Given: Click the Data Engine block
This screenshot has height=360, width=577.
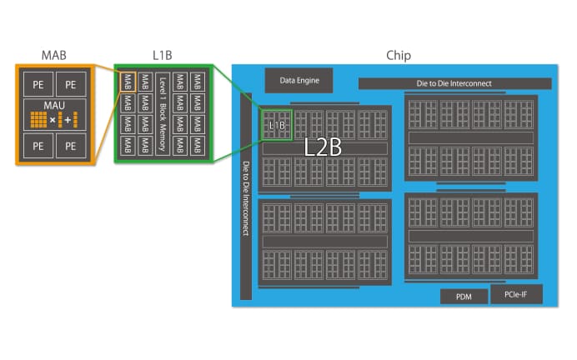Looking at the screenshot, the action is tap(299, 80).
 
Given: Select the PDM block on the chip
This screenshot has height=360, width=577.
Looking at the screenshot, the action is tap(464, 297).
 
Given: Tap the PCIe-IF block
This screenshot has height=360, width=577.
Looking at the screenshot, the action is tap(516, 294).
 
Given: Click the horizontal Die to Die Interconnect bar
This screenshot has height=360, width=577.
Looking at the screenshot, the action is tap(454, 83).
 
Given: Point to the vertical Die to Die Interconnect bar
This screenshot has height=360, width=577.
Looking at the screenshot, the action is tap(246, 197).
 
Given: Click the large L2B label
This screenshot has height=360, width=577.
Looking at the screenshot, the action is tap(323, 147).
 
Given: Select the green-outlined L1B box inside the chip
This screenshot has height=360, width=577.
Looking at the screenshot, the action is tap(277, 125).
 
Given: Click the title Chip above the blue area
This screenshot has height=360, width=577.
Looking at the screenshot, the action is tap(399, 56).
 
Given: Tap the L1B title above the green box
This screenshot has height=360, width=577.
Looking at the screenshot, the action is tap(163, 56).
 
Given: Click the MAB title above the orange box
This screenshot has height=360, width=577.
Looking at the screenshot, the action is tap(54, 56).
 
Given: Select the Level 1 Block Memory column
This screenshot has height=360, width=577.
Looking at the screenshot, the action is tap(163, 114).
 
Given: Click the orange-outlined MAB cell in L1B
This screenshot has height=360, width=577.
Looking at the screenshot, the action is tap(128, 82).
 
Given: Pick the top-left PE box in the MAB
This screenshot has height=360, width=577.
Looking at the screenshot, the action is tap(38, 84).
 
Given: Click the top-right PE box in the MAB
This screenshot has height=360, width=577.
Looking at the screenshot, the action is tap(71, 84).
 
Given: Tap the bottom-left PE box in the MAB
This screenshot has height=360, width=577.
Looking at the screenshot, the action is tap(38, 146).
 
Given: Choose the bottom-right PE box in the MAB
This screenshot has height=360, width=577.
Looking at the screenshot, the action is tap(71, 146).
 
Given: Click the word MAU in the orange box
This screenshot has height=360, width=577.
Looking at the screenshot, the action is tap(54, 106).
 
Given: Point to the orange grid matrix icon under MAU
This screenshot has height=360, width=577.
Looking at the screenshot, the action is tap(38, 119).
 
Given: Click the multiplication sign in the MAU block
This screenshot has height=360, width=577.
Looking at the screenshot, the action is tap(53, 120).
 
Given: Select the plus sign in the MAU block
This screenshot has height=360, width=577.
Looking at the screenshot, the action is tap(68, 120).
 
